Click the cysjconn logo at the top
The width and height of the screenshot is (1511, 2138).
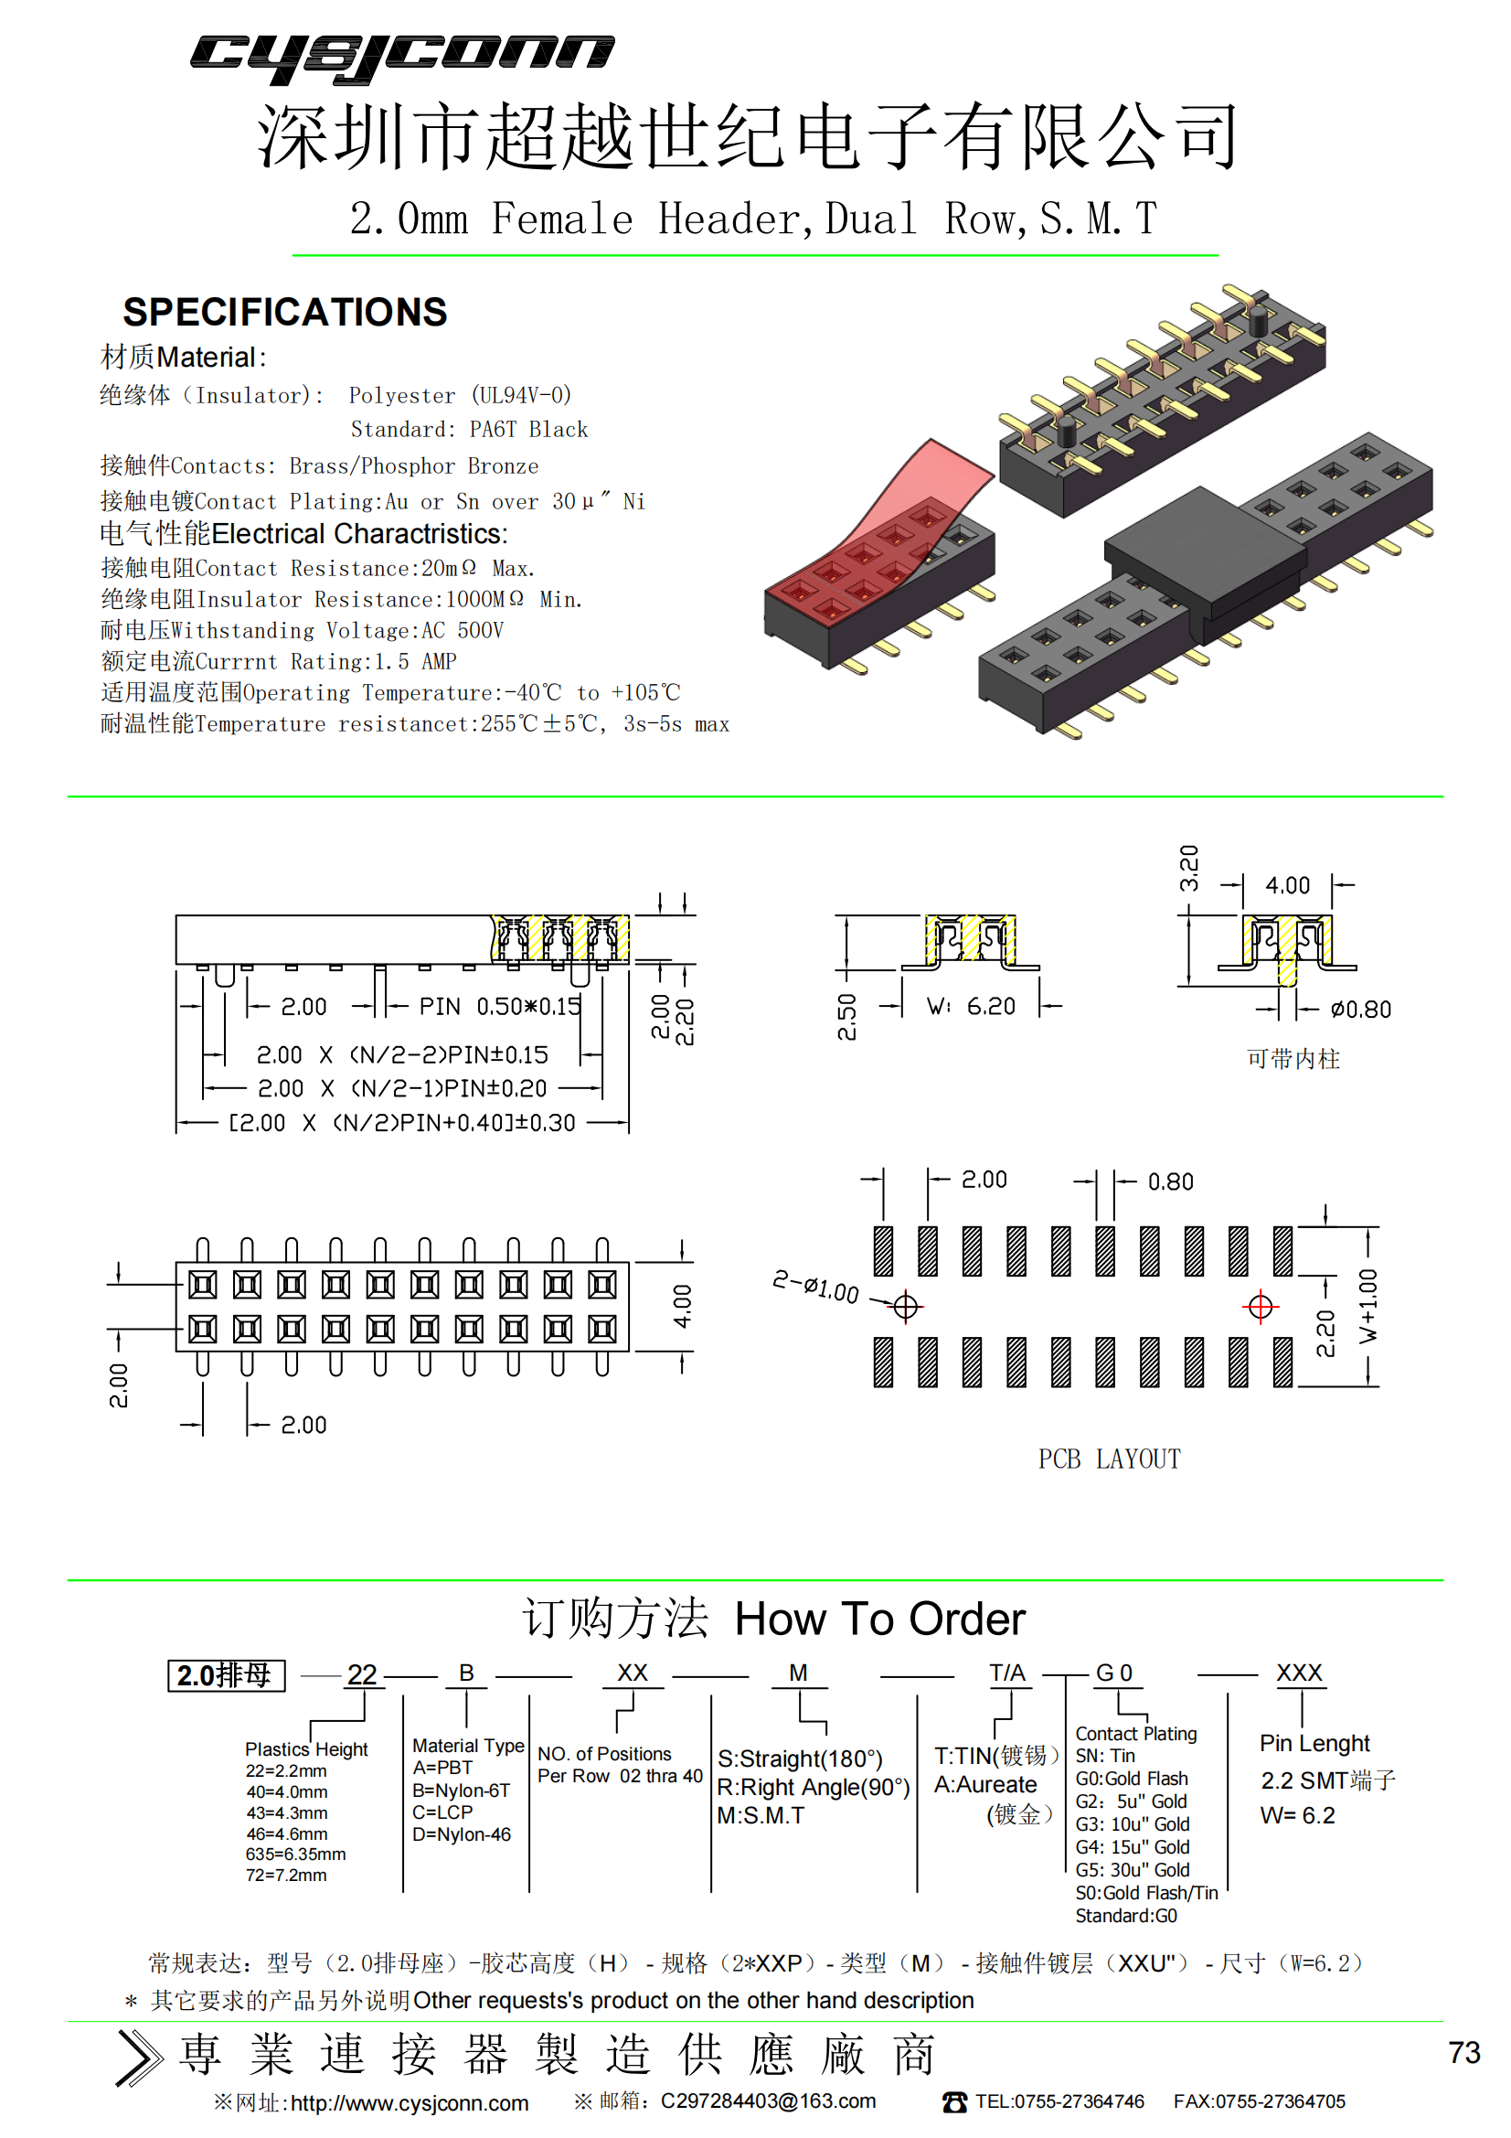402,58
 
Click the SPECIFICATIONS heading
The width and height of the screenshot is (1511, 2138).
285,312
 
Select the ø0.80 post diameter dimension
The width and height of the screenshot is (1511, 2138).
1360,1010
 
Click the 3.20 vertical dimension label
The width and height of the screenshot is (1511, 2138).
1189,868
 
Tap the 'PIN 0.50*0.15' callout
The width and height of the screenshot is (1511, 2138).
500,1006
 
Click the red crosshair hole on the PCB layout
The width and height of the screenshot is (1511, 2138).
1261,1307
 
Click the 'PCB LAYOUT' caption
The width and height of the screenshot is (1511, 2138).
1109,1459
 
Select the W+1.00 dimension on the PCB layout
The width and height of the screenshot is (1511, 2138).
1367,1306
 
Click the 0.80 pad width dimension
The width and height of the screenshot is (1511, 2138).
1170,1181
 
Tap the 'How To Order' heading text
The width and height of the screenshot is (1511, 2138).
879,1620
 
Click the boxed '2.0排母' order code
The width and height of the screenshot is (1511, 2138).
226,1675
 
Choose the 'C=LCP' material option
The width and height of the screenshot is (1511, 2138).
442,1812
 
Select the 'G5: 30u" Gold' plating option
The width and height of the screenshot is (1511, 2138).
1132,1870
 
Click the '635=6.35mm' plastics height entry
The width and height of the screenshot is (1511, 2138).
295,1854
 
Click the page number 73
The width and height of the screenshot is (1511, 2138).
1463,2052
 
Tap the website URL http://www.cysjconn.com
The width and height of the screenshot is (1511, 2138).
410,2103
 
